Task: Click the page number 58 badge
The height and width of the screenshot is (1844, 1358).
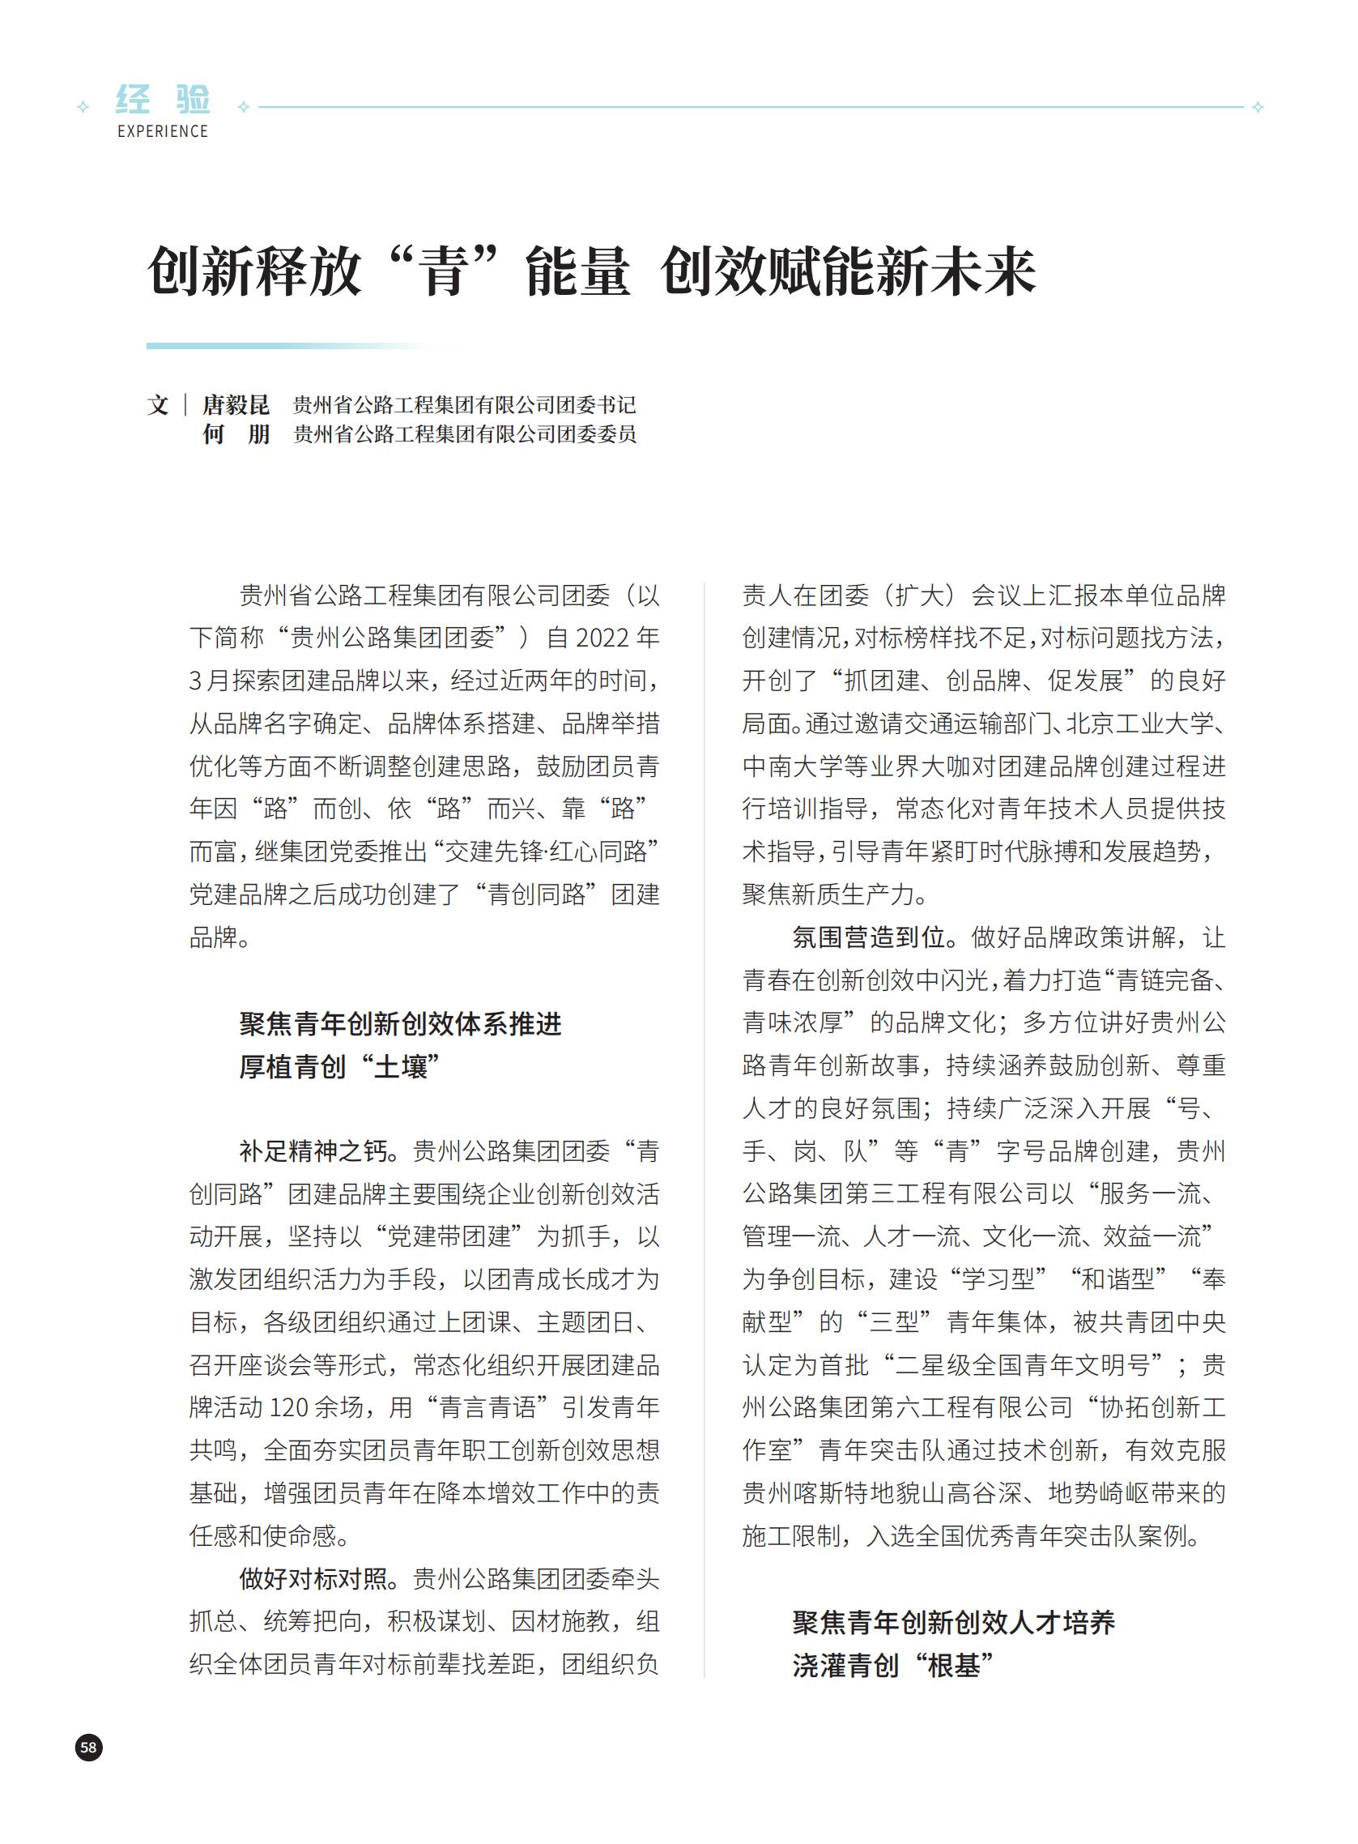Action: pos(89,1747)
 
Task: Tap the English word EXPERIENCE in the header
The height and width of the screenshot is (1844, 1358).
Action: pos(163,131)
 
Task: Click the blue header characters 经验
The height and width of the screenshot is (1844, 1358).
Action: pos(163,100)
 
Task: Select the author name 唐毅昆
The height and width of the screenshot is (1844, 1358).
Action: pos(236,404)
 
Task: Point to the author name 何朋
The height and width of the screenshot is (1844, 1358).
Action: pos(236,434)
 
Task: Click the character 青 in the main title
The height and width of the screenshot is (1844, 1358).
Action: pos(443,272)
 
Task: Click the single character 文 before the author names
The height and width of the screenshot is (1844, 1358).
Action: pos(158,404)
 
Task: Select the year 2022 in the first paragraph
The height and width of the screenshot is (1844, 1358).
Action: pos(602,638)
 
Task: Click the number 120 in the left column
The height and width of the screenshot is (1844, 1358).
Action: pos(288,1407)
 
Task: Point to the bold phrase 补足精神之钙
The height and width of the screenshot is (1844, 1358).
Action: pos(313,1150)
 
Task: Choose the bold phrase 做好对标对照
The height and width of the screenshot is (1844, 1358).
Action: pos(313,1578)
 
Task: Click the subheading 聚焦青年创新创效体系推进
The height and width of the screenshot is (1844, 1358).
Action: pos(400,1024)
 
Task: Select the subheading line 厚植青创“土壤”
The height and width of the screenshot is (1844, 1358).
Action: pos(340,1067)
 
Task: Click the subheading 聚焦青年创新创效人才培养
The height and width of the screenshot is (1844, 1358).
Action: pos(954,1623)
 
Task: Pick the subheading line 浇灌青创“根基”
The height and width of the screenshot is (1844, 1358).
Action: pos(893,1666)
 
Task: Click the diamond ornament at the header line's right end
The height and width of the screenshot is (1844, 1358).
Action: pos(1258,107)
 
